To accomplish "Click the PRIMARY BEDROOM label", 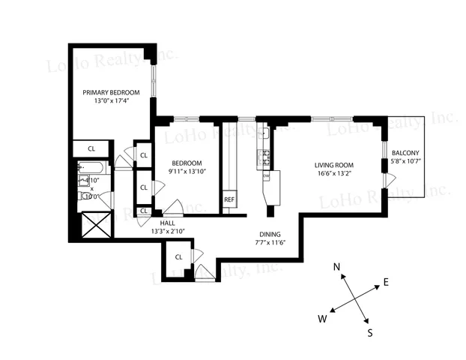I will click(111, 92).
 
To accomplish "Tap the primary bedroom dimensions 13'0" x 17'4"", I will click(111, 101).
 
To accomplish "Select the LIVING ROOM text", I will click(333, 165).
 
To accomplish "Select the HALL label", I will click(168, 223).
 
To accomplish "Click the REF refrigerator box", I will click(229, 200).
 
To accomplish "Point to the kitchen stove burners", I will click(264, 157).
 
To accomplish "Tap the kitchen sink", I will click(264, 133).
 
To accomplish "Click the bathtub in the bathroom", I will click(94, 169).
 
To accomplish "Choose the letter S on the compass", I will click(370, 331).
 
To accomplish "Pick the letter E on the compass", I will click(386, 282).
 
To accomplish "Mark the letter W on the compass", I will click(322, 319).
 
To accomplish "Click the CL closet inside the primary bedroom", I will click(91, 148).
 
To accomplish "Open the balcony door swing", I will click(388, 180).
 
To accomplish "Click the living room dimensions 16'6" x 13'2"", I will click(333, 174).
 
